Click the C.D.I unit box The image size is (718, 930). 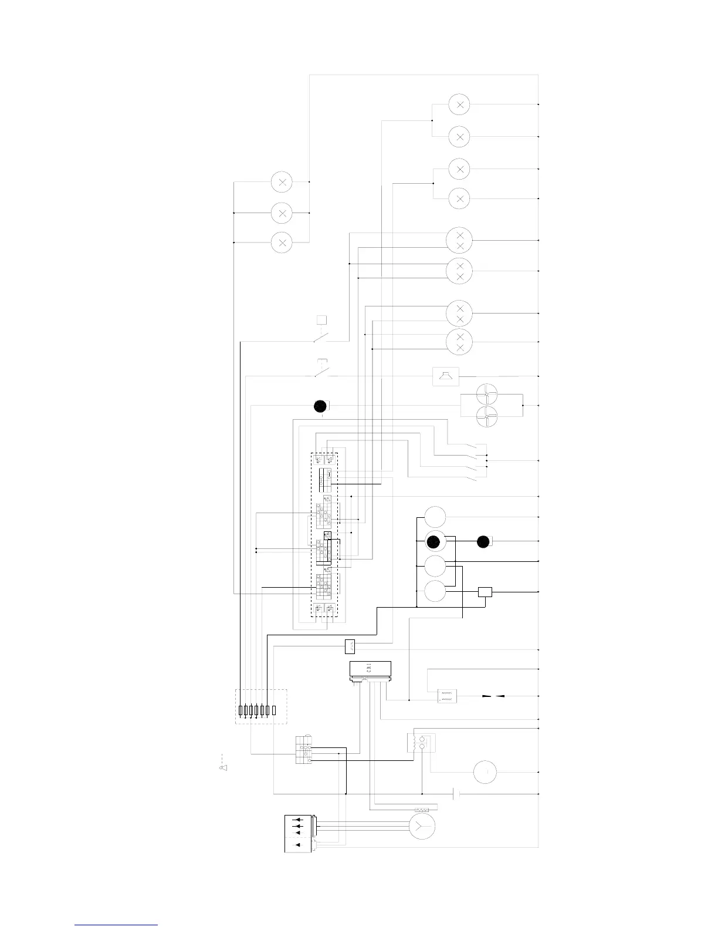[x=370, y=669]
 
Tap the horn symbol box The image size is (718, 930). [x=446, y=376]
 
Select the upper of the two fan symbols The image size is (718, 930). [x=487, y=393]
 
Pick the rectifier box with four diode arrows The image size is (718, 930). [x=299, y=834]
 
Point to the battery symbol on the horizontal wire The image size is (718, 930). [x=456, y=794]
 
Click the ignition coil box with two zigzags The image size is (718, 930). [x=447, y=696]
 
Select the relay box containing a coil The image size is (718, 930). [x=421, y=743]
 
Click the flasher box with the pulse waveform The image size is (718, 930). [x=350, y=646]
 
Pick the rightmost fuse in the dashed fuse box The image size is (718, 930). [x=274, y=710]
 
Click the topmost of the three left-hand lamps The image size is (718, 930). [x=282, y=182]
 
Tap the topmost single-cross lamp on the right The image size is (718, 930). [x=459, y=105]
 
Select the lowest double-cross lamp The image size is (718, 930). [x=459, y=342]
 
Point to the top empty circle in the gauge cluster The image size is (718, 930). [x=435, y=517]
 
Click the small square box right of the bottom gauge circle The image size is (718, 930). [x=485, y=592]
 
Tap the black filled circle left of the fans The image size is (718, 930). [x=320, y=406]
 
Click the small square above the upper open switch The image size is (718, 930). [x=321, y=320]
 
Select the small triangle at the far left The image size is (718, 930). [x=223, y=767]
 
